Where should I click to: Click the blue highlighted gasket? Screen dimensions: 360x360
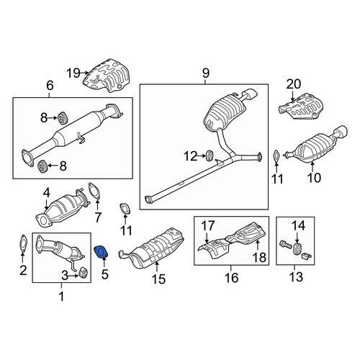(x=101, y=252)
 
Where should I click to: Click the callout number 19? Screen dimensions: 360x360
(x=73, y=73)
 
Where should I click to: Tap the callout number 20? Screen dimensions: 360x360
(x=293, y=84)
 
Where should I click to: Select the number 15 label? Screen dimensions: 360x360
(x=158, y=279)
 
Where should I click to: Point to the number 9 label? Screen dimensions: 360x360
(x=206, y=73)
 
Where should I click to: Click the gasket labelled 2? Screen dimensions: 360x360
(x=23, y=243)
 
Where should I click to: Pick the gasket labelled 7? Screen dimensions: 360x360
(x=94, y=191)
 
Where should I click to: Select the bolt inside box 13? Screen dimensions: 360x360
(x=286, y=246)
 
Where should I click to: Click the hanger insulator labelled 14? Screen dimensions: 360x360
(x=298, y=249)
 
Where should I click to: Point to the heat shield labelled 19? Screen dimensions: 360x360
(x=107, y=75)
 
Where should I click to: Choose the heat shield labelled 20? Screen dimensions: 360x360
(x=301, y=106)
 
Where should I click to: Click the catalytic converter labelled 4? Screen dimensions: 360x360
(x=62, y=209)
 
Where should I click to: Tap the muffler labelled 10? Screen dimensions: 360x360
(x=315, y=145)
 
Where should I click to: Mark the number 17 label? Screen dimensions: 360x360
(x=207, y=225)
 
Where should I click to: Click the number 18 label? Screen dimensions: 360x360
(x=259, y=258)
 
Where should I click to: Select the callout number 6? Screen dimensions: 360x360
(x=50, y=86)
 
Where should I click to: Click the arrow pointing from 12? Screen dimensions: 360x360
(x=202, y=156)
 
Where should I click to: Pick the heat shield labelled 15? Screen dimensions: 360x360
(x=152, y=249)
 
